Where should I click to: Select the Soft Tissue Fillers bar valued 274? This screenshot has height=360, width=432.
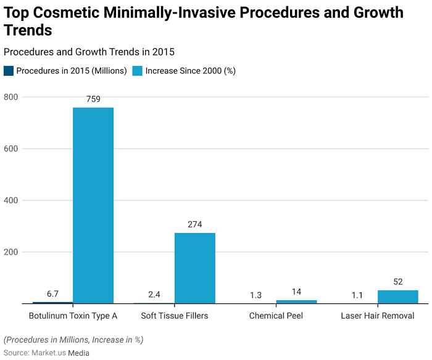pyautogui.click(x=194, y=268)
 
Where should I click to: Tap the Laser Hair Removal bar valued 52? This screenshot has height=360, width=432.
pyautogui.click(x=397, y=297)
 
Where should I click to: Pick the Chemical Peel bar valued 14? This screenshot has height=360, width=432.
pyautogui.click(x=296, y=301)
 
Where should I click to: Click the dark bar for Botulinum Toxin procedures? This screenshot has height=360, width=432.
pyautogui.click(x=52, y=303)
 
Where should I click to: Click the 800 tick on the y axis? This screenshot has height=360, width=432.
pyautogui.click(x=11, y=97)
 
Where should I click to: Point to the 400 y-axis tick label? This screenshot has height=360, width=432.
pyautogui.click(x=11, y=201)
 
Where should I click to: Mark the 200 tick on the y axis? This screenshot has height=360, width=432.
pyautogui.click(x=11, y=253)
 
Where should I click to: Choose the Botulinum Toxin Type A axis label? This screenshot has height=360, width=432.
pyautogui.click(x=73, y=316)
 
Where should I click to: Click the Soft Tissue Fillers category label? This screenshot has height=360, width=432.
pyautogui.click(x=174, y=316)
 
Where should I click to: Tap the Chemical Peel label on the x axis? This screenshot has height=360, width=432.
pyautogui.click(x=276, y=316)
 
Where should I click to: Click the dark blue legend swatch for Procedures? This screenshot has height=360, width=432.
pyautogui.click(x=9, y=71)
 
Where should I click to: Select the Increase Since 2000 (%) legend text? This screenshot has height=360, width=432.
pyautogui.click(x=190, y=71)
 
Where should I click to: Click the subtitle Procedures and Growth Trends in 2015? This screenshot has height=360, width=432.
pyautogui.click(x=93, y=52)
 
